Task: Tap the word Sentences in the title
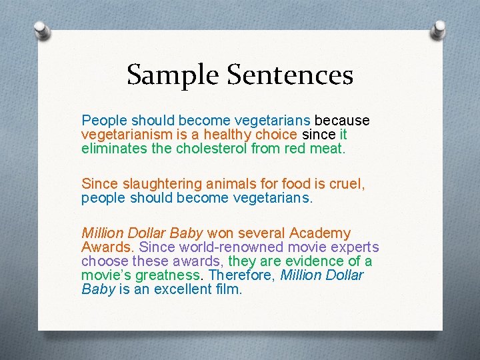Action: pyautogui.click(x=290, y=75)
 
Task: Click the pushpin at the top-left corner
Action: pyautogui.click(x=41, y=31)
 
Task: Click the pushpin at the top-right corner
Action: pyautogui.click(x=439, y=29)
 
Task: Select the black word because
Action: pyautogui.click(x=341, y=121)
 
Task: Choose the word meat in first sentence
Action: pyautogui.click(x=325, y=147)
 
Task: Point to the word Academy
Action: pyautogui.click(x=319, y=233)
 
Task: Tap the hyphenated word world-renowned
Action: pyautogui.click(x=211, y=247)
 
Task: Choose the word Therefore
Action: pyautogui.click(x=240, y=275)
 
